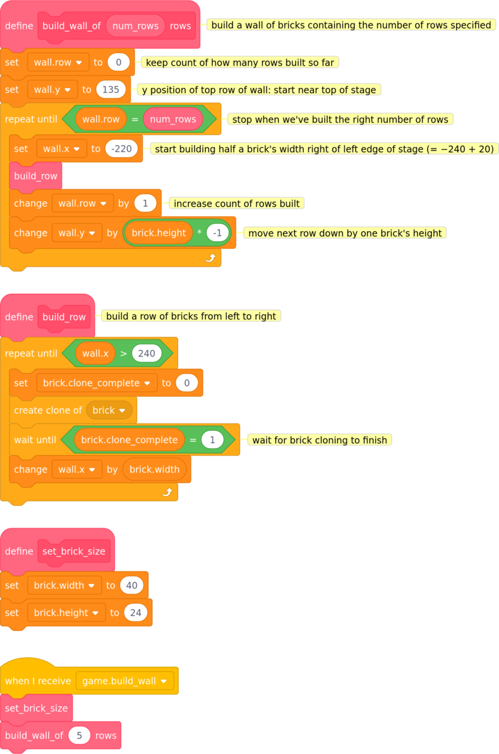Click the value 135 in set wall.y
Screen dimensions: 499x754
(111, 90)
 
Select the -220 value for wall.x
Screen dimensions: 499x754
(121, 149)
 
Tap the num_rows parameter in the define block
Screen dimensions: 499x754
(135, 26)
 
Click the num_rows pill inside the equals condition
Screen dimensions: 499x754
(172, 119)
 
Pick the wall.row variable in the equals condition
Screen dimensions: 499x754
(100, 119)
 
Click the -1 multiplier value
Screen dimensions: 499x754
(217, 233)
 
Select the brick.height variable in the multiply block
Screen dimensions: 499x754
(158, 233)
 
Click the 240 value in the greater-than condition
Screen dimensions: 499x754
(147, 353)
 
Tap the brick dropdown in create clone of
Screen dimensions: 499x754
(109, 410)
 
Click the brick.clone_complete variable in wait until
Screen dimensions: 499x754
(129, 439)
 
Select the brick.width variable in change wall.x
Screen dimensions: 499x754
(154, 470)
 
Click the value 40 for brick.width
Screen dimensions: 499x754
(131, 585)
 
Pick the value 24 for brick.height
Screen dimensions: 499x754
(136, 612)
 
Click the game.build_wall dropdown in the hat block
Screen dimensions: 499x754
(124, 681)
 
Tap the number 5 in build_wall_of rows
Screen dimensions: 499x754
(80, 735)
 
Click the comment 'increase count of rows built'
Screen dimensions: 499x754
(236, 204)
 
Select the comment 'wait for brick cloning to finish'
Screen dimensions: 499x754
(319, 440)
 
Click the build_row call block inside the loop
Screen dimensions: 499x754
(35, 176)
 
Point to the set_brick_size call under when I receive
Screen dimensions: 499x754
(37, 708)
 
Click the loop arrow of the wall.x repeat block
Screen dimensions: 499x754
(167, 492)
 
